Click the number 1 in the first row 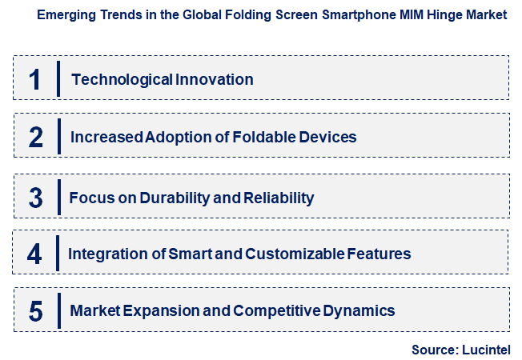click(x=35, y=79)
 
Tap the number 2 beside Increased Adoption click(x=35, y=137)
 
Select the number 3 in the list click(x=35, y=198)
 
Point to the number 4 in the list click(x=34, y=254)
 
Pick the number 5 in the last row click(x=35, y=310)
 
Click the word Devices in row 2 click(x=325, y=137)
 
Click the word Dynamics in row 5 click(x=359, y=310)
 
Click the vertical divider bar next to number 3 click(x=58, y=198)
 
